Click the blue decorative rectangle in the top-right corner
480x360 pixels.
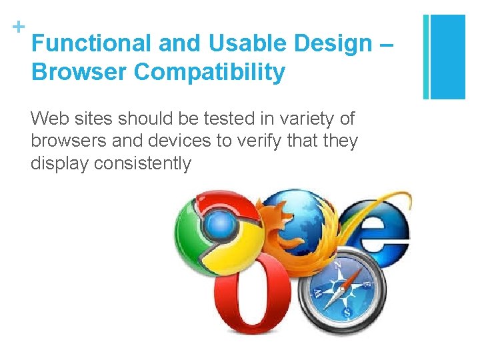[x=445, y=57]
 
